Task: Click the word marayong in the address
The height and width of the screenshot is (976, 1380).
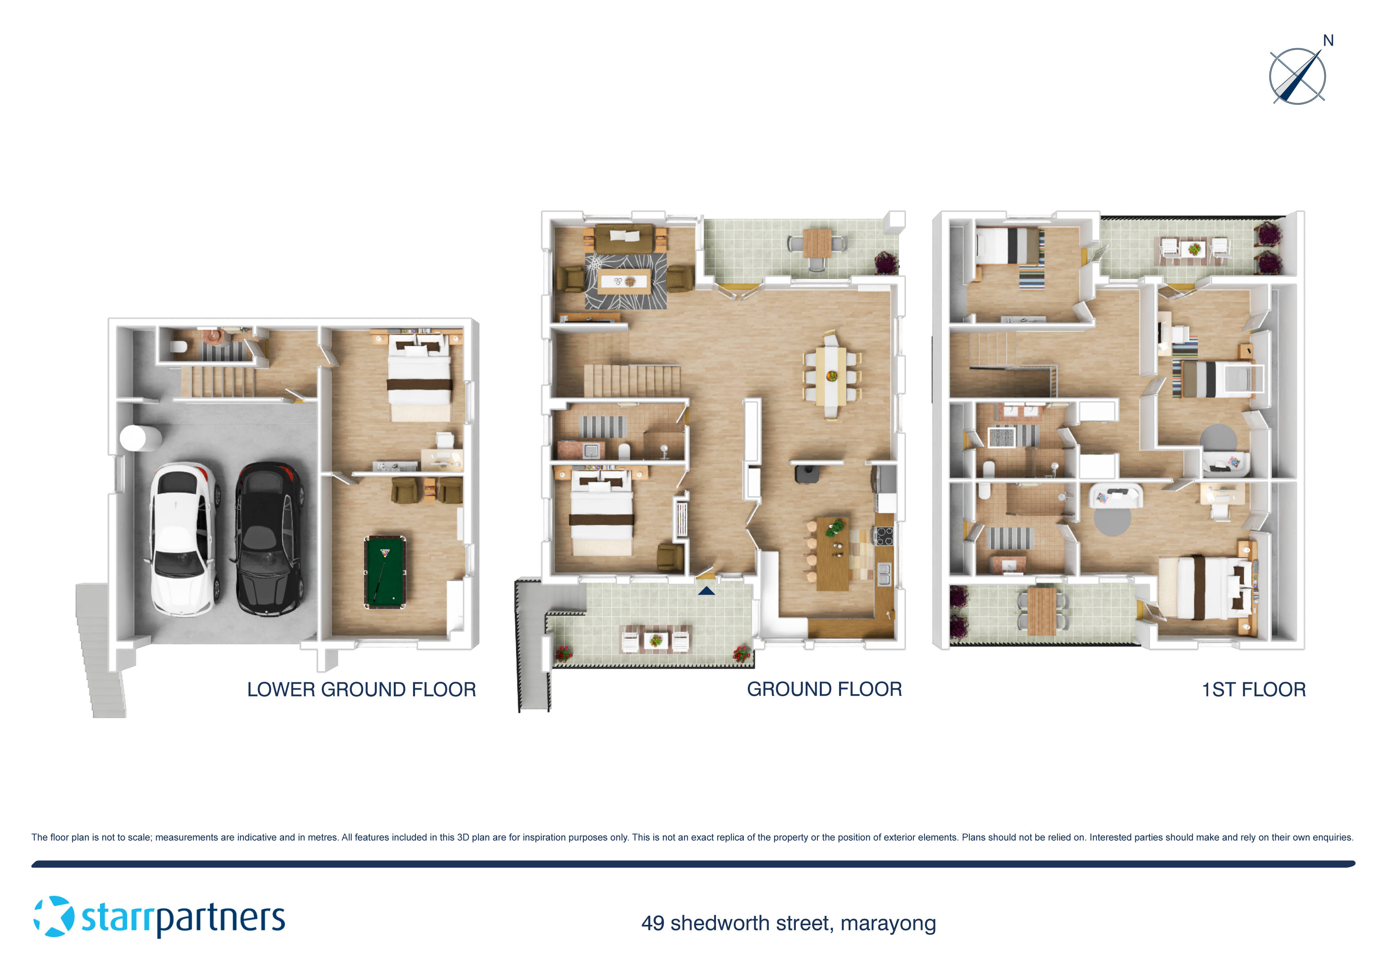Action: click(x=888, y=923)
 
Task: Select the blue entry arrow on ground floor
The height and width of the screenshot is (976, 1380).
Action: click(x=706, y=591)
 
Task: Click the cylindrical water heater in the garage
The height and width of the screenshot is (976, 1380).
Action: click(x=140, y=438)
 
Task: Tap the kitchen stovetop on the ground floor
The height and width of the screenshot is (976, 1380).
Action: click(x=884, y=536)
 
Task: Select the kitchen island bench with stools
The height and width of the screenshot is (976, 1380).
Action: click(x=832, y=552)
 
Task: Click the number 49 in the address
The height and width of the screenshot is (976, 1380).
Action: click(x=653, y=923)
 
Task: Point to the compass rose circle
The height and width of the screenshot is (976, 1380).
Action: click(x=1297, y=76)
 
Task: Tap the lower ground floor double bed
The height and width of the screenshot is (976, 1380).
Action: click(x=419, y=379)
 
